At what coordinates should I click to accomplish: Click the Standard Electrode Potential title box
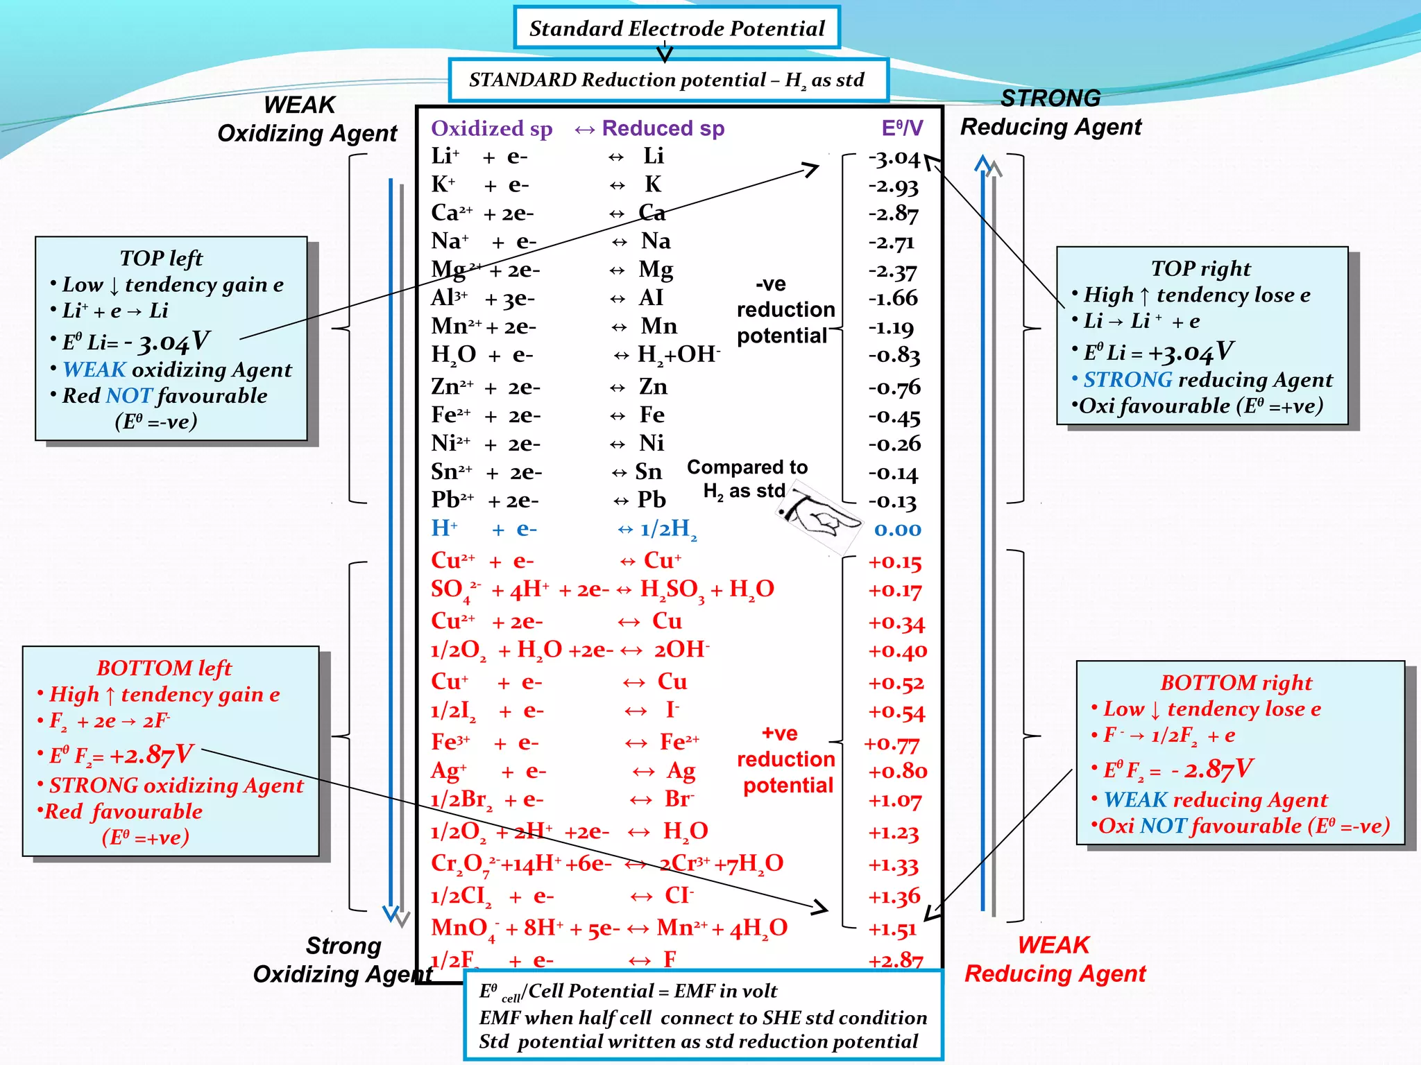coord(677,28)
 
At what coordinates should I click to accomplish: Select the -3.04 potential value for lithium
coord(894,159)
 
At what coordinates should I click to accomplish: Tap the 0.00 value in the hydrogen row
coord(897,530)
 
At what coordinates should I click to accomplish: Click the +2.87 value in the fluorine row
coord(895,960)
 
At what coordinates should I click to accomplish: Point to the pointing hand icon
coord(819,517)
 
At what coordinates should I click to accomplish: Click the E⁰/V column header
coord(901,128)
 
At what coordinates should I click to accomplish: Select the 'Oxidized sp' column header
coord(491,128)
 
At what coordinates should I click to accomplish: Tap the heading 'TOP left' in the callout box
coord(161,258)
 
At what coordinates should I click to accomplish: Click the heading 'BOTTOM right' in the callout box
coord(1236,682)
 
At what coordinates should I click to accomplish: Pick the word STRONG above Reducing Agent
coord(1050,98)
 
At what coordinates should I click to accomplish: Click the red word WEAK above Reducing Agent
coord(1053,945)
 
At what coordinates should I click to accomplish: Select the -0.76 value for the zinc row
coord(894,387)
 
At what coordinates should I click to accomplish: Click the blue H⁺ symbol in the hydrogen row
coord(444,528)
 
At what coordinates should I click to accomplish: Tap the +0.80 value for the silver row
coord(897,771)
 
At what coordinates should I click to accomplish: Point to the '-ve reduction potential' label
coord(785,310)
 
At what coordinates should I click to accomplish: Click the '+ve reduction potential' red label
coord(785,759)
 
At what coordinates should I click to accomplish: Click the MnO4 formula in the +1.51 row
coord(463,928)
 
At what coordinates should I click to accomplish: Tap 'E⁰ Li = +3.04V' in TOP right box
coord(1157,352)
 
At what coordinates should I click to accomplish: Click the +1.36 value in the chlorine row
coord(894,897)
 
